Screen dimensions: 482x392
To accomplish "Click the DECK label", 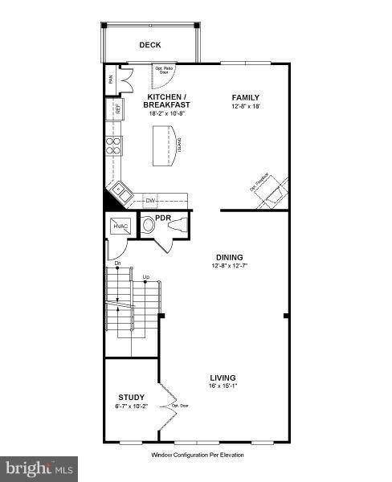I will tap(149, 46).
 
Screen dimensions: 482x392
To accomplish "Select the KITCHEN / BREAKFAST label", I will tap(167, 100).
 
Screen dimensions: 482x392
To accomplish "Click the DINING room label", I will tap(228, 258).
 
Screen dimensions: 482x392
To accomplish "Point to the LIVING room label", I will tap(223, 378).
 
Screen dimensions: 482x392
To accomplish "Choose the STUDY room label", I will tap(131, 397).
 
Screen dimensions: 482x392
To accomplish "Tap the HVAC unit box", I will tap(121, 227).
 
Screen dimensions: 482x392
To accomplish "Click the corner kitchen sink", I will tap(120, 191).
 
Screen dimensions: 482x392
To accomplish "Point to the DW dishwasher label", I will tap(150, 199).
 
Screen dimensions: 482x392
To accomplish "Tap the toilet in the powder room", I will tap(149, 227).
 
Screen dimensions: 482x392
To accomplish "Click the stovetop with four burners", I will tap(114, 145).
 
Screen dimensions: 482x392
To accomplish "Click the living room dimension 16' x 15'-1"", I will tap(223, 386).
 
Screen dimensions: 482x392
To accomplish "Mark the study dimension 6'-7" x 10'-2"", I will tap(131, 406).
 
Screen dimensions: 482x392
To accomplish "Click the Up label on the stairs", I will tap(145, 278).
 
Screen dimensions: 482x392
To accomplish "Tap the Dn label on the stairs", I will tap(116, 263).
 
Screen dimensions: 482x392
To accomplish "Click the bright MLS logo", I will tap(39, 467).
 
